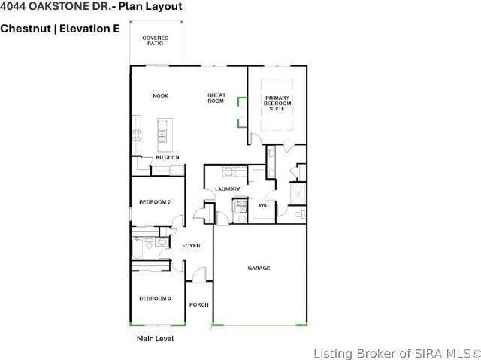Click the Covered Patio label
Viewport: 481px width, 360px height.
(x=156, y=41)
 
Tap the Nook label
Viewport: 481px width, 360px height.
(x=160, y=95)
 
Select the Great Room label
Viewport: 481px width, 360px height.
(x=216, y=98)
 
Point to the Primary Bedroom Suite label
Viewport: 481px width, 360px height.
(x=277, y=103)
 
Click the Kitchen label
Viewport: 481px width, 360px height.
(x=168, y=157)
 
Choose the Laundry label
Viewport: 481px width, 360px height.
(x=227, y=189)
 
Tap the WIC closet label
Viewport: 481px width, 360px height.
(x=264, y=205)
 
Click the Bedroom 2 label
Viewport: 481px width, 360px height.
(x=155, y=201)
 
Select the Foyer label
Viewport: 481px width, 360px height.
(x=191, y=245)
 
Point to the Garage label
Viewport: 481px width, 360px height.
(x=259, y=268)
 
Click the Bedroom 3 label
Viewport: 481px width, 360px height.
(x=155, y=298)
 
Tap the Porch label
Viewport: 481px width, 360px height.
(x=198, y=304)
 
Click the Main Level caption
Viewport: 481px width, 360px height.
(x=156, y=338)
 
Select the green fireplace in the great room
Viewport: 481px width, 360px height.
(x=242, y=112)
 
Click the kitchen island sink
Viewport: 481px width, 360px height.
(x=162, y=135)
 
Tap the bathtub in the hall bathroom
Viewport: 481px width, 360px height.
(x=137, y=248)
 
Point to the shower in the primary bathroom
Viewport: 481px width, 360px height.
(x=298, y=194)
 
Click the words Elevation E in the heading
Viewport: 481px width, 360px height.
(x=89, y=29)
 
